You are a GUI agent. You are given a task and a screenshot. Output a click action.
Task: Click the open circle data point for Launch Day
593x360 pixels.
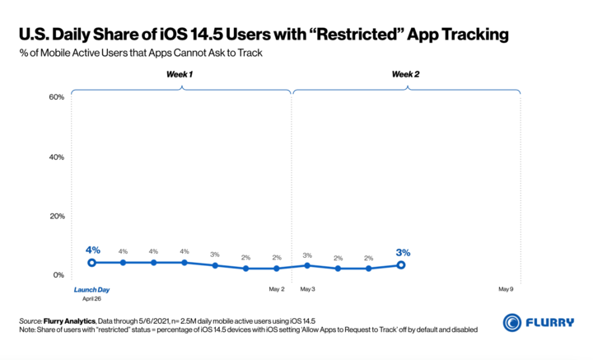91,263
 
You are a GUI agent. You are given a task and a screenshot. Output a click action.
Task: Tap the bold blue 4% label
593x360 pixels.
92,250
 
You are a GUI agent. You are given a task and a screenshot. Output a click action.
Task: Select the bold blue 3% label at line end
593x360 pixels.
403,252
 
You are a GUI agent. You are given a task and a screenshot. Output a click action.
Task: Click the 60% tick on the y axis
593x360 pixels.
56,97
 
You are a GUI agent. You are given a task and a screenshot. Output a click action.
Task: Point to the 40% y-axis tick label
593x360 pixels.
56,157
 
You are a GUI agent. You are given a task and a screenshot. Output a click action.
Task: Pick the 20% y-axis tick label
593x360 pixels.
56,216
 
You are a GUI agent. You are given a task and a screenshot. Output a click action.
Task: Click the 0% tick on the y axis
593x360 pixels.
58,275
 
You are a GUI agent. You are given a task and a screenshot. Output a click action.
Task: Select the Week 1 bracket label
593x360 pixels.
180,74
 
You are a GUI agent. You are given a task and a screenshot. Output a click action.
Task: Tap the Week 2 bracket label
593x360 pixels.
405,74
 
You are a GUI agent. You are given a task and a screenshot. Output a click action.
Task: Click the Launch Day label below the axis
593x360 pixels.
91,289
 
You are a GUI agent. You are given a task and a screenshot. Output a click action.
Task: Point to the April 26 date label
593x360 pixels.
91,299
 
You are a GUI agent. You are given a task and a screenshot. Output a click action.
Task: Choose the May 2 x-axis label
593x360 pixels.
277,289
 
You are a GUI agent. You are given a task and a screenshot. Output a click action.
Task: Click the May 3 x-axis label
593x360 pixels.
308,289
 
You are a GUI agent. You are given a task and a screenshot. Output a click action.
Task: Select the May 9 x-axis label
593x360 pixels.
507,289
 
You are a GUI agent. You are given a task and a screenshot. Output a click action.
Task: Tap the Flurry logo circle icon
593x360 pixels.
511,322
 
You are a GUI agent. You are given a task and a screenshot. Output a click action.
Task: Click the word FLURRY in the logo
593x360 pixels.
549,323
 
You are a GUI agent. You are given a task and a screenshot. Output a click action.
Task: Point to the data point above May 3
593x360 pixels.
307,265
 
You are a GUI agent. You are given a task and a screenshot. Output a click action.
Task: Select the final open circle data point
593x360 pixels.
401,265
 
